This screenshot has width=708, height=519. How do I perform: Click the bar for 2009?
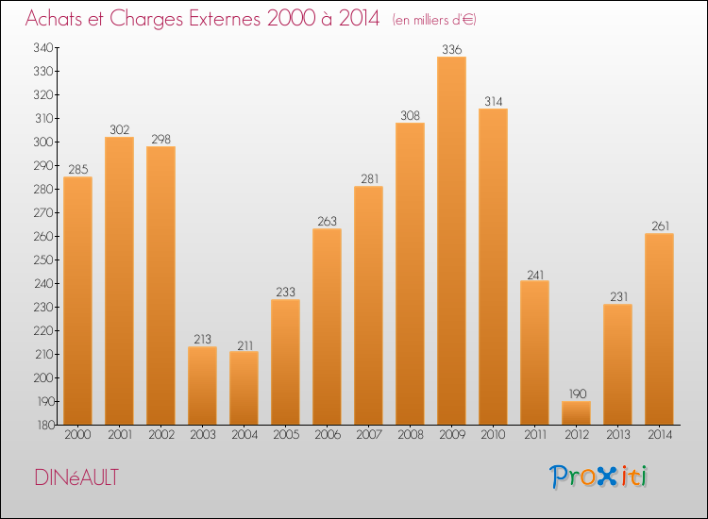click(451, 241)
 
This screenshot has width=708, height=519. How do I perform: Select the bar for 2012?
click(576, 412)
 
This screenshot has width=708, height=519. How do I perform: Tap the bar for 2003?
click(202, 385)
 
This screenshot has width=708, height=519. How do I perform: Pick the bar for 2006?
click(327, 326)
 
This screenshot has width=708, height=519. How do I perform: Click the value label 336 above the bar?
click(451, 49)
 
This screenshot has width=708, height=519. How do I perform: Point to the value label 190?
click(576, 393)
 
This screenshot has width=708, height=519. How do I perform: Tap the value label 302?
click(119, 129)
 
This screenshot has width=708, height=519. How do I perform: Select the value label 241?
click(534, 274)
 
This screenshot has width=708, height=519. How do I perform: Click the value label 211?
click(244, 344)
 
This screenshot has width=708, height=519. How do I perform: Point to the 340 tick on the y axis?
click(42, 47)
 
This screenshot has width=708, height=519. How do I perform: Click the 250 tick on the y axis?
click(42, 259)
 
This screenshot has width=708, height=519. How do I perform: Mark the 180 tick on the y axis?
click(42, 425)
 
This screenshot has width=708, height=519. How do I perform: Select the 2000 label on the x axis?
click(77, 436)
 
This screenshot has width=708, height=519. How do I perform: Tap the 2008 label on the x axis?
click(410, 436)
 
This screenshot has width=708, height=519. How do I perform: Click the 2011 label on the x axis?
click(534, 436)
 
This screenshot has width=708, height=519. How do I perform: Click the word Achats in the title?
click(58, 19)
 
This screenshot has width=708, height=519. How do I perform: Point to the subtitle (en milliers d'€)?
click(435, 20)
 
